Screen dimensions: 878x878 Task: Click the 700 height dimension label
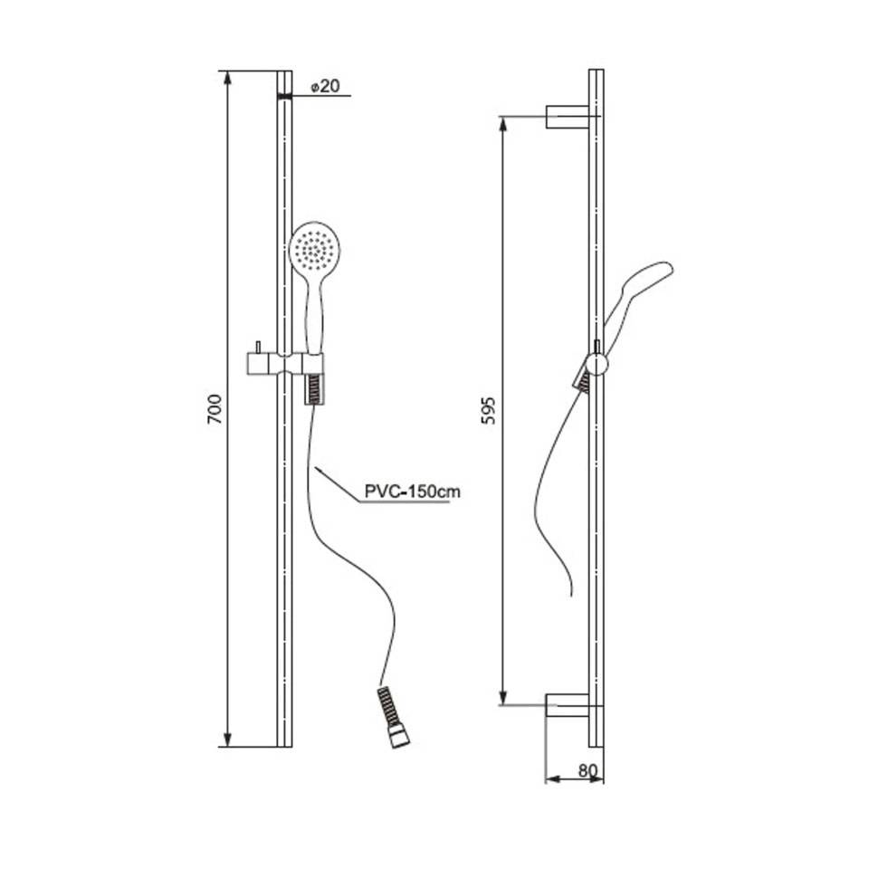(215, 409)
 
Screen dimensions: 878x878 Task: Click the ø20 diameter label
(325, 86)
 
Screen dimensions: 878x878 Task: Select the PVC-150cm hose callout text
(412, 491)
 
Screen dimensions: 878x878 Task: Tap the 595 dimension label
(489, 410)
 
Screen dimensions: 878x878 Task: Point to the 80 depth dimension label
(588, 770)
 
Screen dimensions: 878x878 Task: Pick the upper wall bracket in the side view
(568, 117)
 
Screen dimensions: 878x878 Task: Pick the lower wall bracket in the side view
(568, 705)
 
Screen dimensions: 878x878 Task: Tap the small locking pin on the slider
(258, 348)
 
